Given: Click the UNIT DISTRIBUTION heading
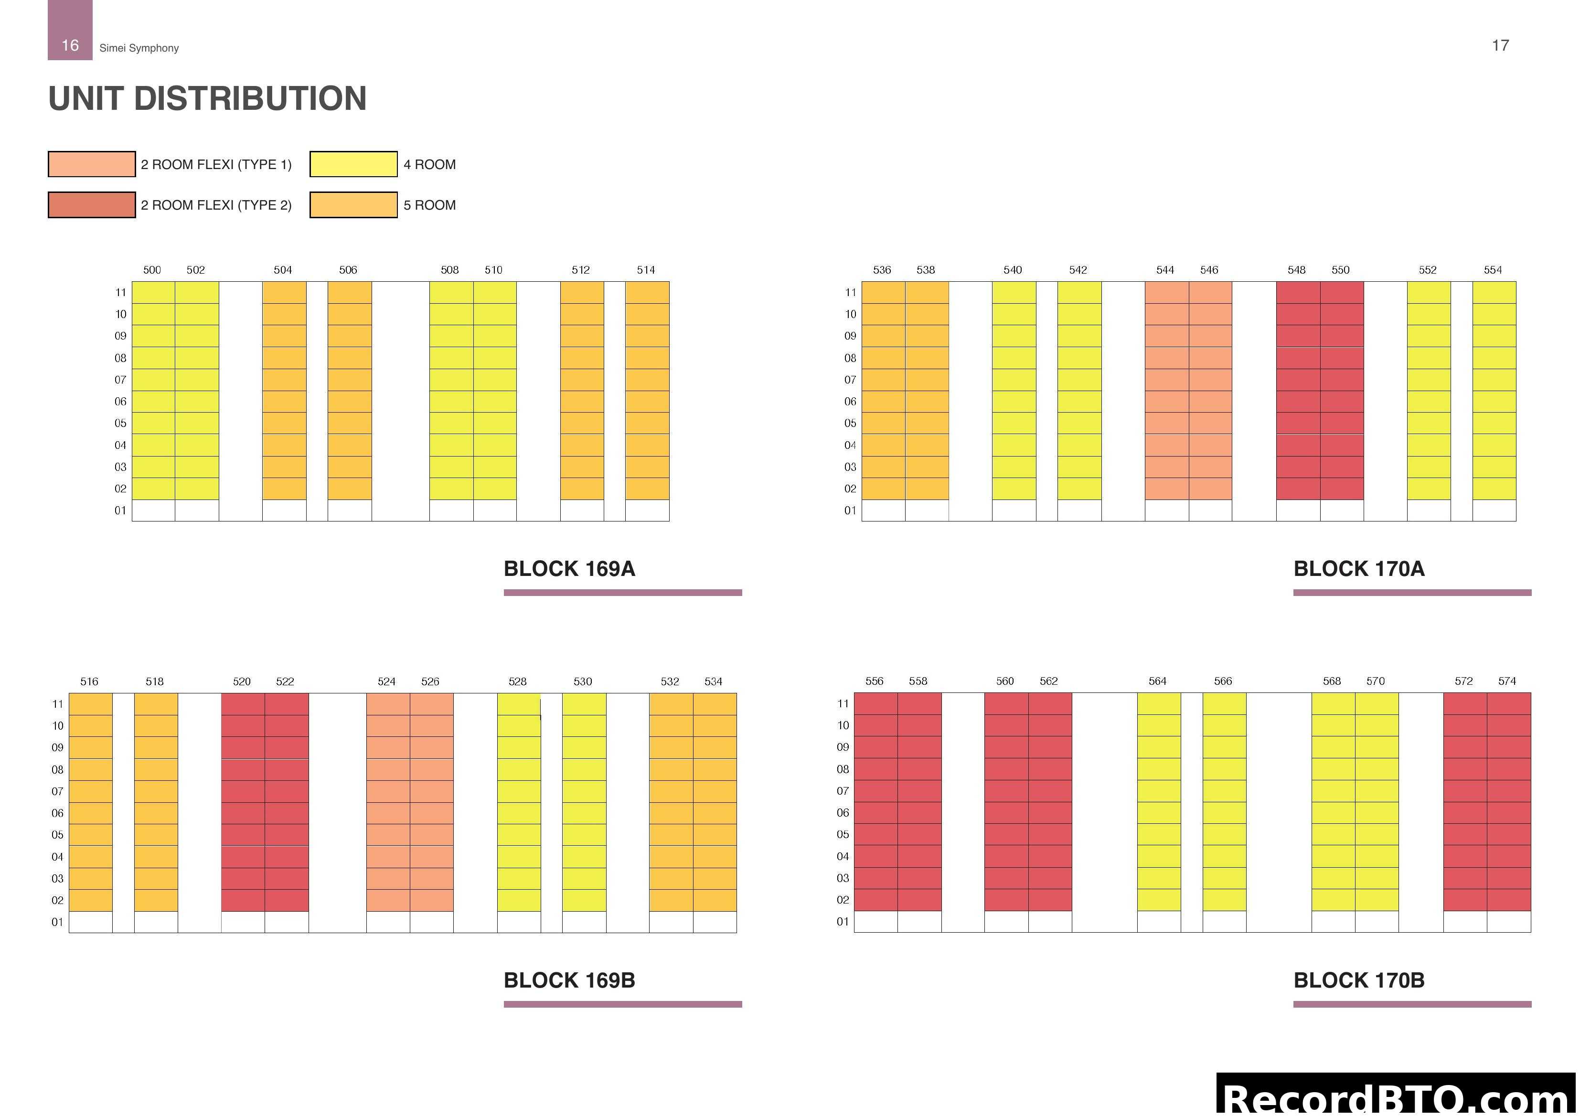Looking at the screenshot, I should tap(207, 98).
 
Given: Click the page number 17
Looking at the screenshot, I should tap(1500, 45).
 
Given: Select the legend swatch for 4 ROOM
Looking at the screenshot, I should tap(353, 164).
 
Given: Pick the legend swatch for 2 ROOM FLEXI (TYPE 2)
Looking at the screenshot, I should tap(92, 205).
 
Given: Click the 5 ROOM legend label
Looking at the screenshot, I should tap(429, 205).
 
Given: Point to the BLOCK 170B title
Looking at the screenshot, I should tap(1358, 980).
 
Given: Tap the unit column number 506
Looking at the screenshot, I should tap(348, 270).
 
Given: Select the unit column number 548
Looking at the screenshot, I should tap(1296, 270).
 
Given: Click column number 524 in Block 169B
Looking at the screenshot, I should tap(387, 681).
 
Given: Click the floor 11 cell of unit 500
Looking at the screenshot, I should tap(153, 292).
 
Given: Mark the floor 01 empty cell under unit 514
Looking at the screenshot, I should tap(647, 511).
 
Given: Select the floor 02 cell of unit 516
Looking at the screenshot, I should tap(91, 900).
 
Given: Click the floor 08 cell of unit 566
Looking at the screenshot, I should tap(1224, 769).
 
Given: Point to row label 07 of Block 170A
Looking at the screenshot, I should tap(851, 380).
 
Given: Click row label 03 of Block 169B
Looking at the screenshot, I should tap(57, 879).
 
